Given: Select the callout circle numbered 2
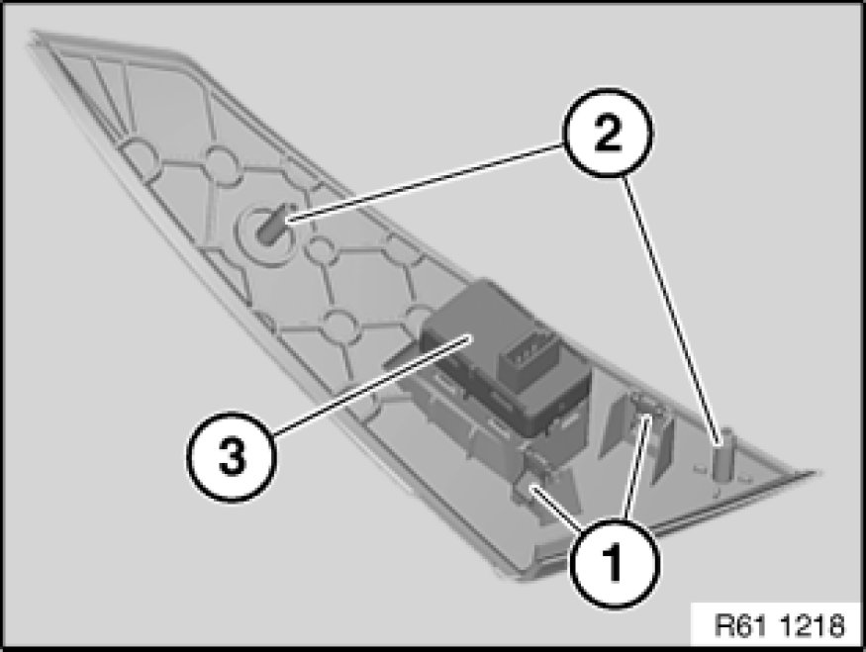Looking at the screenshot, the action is [608, 133].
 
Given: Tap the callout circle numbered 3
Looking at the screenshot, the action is [231, 456].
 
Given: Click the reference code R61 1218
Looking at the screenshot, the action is [780, 626].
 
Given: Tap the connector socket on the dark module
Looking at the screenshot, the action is [527, 355].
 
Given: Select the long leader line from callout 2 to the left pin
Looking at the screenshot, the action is [426, 183].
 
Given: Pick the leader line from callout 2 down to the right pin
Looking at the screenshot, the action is [672, 311].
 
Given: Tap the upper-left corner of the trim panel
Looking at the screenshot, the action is [32, 33].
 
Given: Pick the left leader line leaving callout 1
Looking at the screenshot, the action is [557, 507].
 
